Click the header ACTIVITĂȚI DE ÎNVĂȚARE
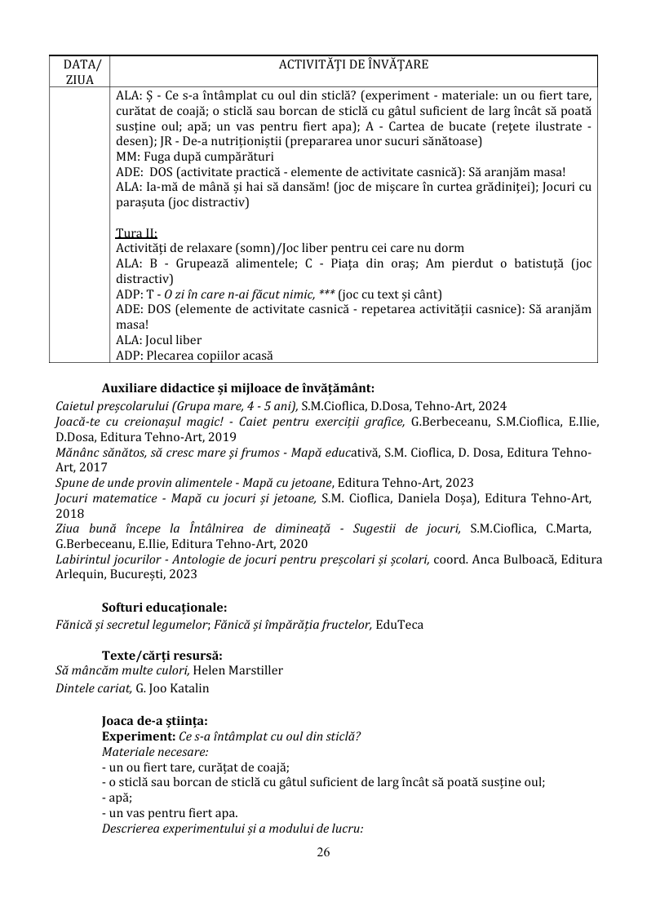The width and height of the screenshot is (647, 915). coord(354,64)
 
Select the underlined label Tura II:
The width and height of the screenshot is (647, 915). coord(136,233)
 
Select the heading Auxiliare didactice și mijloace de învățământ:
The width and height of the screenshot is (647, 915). coord(237,388)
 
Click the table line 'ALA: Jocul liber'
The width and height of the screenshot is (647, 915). coord(159,340)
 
